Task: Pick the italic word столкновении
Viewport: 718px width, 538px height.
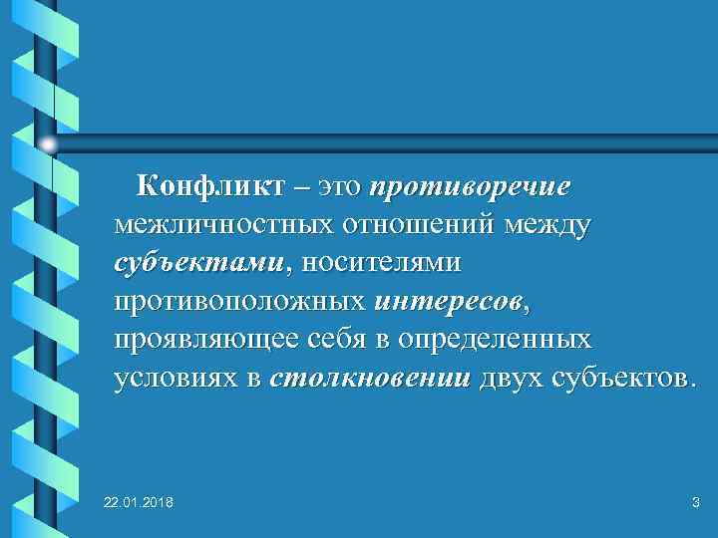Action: tap(370, 378)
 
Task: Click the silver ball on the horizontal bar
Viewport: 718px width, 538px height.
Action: tap(48, 145)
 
